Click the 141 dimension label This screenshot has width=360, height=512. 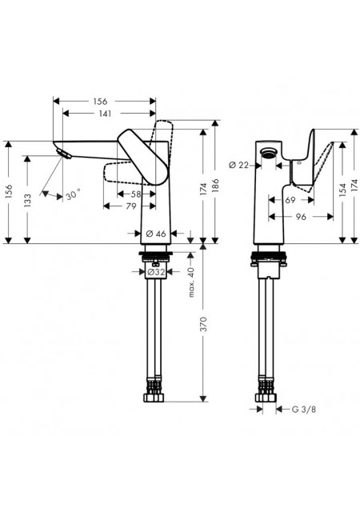click(105, 114)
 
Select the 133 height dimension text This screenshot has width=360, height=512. click(27, 200)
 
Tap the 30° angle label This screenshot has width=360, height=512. click(73, 195)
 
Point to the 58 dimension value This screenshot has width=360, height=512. click(135, 194)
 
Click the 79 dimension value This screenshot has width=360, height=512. click(131, 206)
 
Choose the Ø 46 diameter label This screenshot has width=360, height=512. click(155, 234)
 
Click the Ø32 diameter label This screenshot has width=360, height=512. click(155, 272)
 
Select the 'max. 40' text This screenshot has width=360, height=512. click(191, 282)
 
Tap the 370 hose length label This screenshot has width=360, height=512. click(203, 324)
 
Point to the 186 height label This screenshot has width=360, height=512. click(215, 186)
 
